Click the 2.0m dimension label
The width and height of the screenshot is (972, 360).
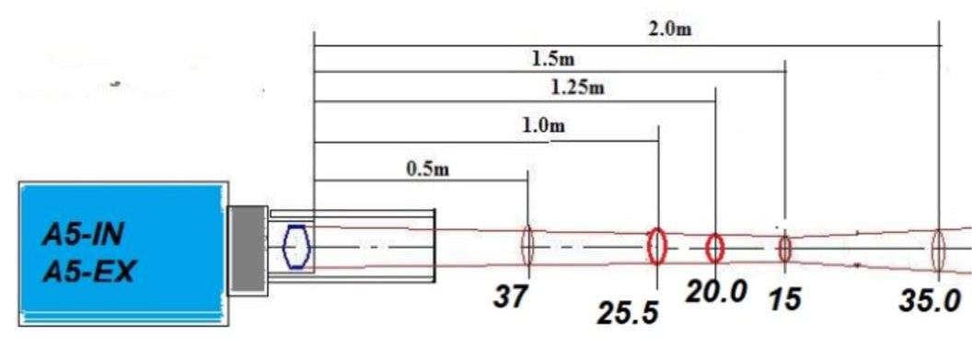click(x=669, y=29)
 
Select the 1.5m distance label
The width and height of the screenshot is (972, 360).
click(x=553, y=60)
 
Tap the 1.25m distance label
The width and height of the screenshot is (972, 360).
click(x=577, y=88)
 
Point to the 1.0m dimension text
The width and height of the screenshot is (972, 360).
click(x=544, y=126)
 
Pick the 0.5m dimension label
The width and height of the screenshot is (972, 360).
click(x=427, y=169)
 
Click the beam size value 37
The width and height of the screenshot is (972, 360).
click(x=510, y=296)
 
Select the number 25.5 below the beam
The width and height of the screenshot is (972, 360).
click(x=627, y=314)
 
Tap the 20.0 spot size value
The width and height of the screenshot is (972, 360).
click(x=716, y=291)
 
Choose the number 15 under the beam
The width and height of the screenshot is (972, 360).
click(x=784, y=300)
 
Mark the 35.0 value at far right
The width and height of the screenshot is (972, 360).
click(x=930, y=302)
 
